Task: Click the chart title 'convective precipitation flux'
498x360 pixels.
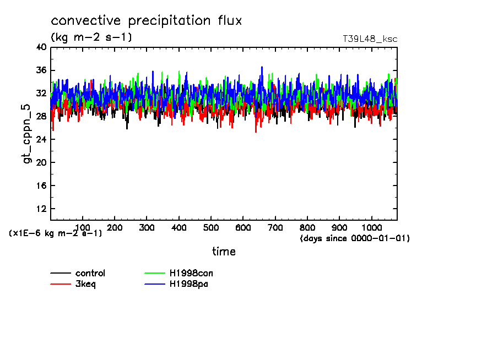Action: tap(147, 21)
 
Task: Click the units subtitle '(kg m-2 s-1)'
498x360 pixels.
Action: tap(91, 37)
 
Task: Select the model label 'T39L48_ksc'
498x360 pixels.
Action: tap(370, 39)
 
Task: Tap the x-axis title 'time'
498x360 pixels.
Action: tap(224, 252)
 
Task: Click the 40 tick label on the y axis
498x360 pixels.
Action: tap(41, 47)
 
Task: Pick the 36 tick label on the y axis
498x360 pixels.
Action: tap(41, 70)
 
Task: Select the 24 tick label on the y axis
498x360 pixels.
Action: tap(41, 140)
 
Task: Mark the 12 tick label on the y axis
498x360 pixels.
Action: tap(41, 209)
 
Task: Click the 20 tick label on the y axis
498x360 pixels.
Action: tap(41, 163)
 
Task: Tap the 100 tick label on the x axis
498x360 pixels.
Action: tap(82, 227)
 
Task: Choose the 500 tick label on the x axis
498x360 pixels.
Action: tap(211, 227)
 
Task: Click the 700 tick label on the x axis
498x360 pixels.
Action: tap(275, 227)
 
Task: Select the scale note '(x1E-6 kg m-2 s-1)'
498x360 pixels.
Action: tap(56, 233)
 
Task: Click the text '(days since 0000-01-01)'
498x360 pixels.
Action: tap(355, 238)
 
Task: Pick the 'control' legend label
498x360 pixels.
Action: tap(90, 273)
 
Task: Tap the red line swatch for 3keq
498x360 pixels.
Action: tap(61, 285)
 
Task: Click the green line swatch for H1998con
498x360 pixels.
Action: tap(155, 273)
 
